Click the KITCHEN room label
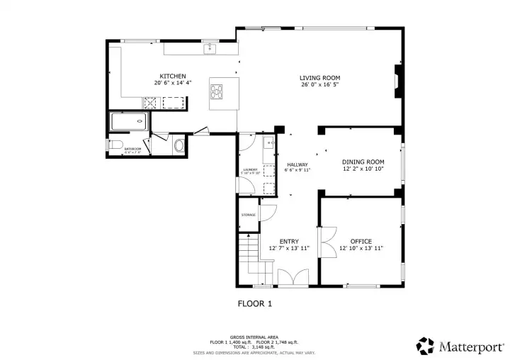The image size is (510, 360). [173, 76]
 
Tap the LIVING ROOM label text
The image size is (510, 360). [319, 77]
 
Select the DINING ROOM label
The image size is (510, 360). [363, 162]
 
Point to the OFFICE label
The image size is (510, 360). [361, 242]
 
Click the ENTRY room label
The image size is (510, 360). [289, 241]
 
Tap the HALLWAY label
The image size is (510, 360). [297, 164]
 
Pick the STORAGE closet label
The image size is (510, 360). [248, 215]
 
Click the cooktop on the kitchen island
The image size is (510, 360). [217, 91]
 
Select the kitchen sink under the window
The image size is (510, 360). [209, 48]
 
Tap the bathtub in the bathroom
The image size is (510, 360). [128, 122]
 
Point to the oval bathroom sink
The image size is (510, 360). [179, 147]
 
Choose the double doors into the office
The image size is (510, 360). [327, 243]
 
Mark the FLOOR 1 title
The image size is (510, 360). [254, 303]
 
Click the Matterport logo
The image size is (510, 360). [460, 347]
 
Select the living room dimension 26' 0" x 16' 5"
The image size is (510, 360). [319, 85]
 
